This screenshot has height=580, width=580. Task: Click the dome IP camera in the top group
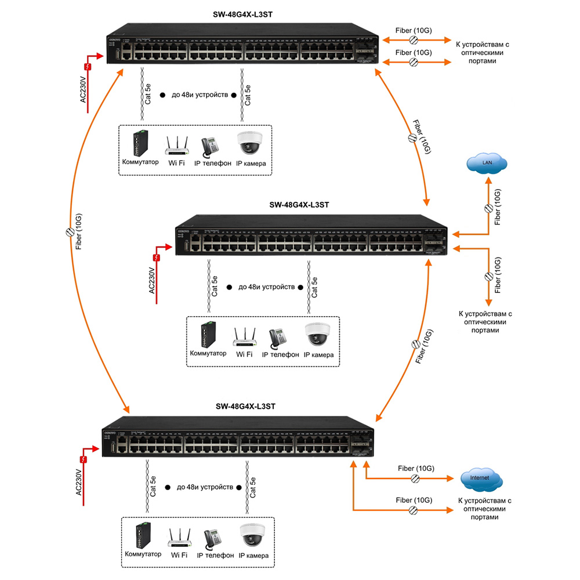[x=251, y=143]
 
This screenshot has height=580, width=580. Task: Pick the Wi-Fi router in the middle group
[x=245, y=336]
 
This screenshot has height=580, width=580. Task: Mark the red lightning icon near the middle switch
[x=156, y=258]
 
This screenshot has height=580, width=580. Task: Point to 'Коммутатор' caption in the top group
[x=140, y=162]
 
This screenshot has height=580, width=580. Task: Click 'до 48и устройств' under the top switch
[x=196, y=95]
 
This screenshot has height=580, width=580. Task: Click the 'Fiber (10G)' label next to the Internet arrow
[x=415, y=468]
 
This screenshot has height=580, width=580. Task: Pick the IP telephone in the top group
[x=211, y=145]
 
